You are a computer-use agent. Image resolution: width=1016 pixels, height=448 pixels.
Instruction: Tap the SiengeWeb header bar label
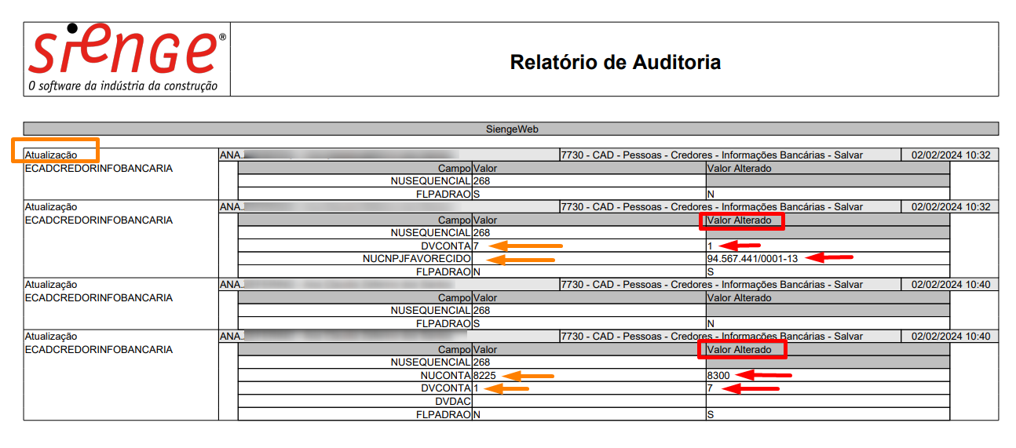tap(510, 129)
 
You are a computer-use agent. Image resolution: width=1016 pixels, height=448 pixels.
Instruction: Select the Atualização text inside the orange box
tap(51, 155)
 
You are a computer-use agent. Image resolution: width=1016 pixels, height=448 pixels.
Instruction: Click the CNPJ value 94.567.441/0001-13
tap(752, 258)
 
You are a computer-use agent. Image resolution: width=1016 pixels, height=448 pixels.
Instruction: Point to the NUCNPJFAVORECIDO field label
tap(416, 258)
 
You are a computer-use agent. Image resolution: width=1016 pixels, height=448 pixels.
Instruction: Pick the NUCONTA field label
tap(444, 376)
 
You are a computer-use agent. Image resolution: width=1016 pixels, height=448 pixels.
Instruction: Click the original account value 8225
tap(484, 376)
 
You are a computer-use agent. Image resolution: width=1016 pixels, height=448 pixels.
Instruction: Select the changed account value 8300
tap(718, 376)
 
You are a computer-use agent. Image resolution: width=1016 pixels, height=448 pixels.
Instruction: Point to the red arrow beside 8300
tap(765, 376)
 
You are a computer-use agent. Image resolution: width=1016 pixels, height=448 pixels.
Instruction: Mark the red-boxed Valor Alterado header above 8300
tap(741, 349)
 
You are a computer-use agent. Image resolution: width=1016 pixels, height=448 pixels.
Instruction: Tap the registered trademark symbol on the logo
tap(222, 37)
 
